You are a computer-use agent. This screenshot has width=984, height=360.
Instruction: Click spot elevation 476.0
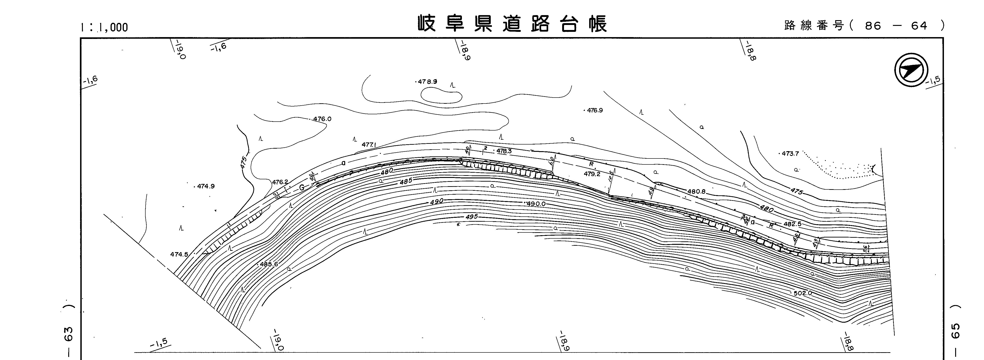click(x=322, y=119)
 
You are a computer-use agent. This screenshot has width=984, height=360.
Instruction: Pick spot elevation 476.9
click(x=594, y=110)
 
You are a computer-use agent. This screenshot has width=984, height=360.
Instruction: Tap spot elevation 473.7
click(x=790, y=154)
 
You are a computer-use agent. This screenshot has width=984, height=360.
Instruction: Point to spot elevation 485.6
click(x=269, y=264)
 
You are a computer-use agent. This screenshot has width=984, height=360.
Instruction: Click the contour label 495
click(x=472, y=217)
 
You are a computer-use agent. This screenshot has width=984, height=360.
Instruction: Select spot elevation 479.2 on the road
click(x=592, y=174)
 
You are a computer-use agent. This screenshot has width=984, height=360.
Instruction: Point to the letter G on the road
click(x=302, y=187)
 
